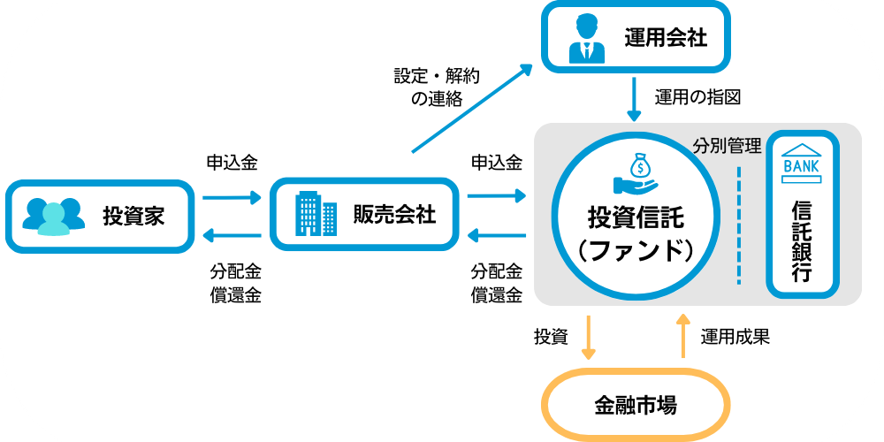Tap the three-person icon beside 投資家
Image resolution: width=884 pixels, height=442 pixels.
tap(54, 217)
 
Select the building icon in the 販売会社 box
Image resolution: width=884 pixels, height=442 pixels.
tap(316, 214)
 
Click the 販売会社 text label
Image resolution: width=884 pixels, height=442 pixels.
tap(394, 214)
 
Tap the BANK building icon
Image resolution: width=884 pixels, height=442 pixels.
tap(801, 164)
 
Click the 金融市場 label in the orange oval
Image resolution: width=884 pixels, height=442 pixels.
tap(635, 406)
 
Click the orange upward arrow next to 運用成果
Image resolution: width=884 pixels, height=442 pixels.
tap(682, 336)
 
